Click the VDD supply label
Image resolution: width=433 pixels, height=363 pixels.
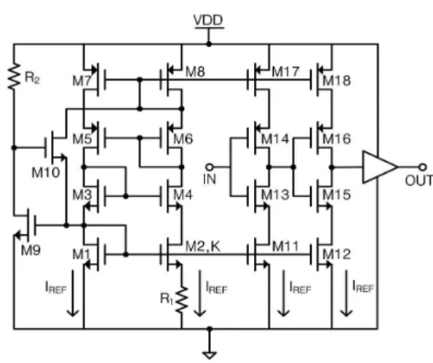click(208, 20)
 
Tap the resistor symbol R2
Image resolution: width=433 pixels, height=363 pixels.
click(14, 77)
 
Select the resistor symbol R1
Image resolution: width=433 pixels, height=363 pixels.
click(182, 300)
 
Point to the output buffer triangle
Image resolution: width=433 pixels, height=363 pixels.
click(379, 167)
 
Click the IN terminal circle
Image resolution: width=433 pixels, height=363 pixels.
click(210, 167)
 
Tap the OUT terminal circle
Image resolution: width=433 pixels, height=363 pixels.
click(423, 167)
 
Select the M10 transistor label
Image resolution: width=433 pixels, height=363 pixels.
click(46, 173)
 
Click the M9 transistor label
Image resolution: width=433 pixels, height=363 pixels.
click(31, 250)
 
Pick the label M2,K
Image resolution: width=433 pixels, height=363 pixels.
click(203, 246)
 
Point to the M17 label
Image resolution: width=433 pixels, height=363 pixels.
click(285, 72)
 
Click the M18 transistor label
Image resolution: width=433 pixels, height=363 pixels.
click(337, 81)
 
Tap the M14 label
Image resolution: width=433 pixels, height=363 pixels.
click(275, 139)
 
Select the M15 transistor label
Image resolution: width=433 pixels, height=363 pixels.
click(337, 195)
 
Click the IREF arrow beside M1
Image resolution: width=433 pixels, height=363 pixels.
click(73, 293)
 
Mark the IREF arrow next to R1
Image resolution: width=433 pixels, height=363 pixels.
click(199, 293)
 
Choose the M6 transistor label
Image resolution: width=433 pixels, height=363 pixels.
click(183, 139)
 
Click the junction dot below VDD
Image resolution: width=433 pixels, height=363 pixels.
click(209, 44)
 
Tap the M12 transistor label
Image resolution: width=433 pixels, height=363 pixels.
click(337, 254)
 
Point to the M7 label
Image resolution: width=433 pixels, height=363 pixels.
click(82, 81)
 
